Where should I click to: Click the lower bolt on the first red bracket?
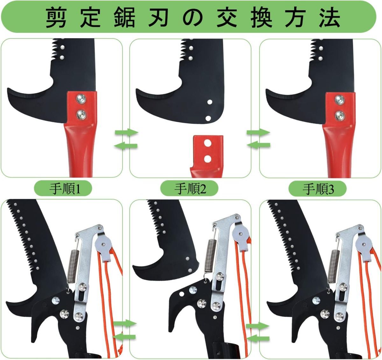click(x=81, y=115)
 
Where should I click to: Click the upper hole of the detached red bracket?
click(x=208, y=143)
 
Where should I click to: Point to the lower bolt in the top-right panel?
click(x=340, y=116)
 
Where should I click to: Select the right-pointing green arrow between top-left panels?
click(x=127, y=132)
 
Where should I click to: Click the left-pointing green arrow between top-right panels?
click(x=259, y=145)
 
